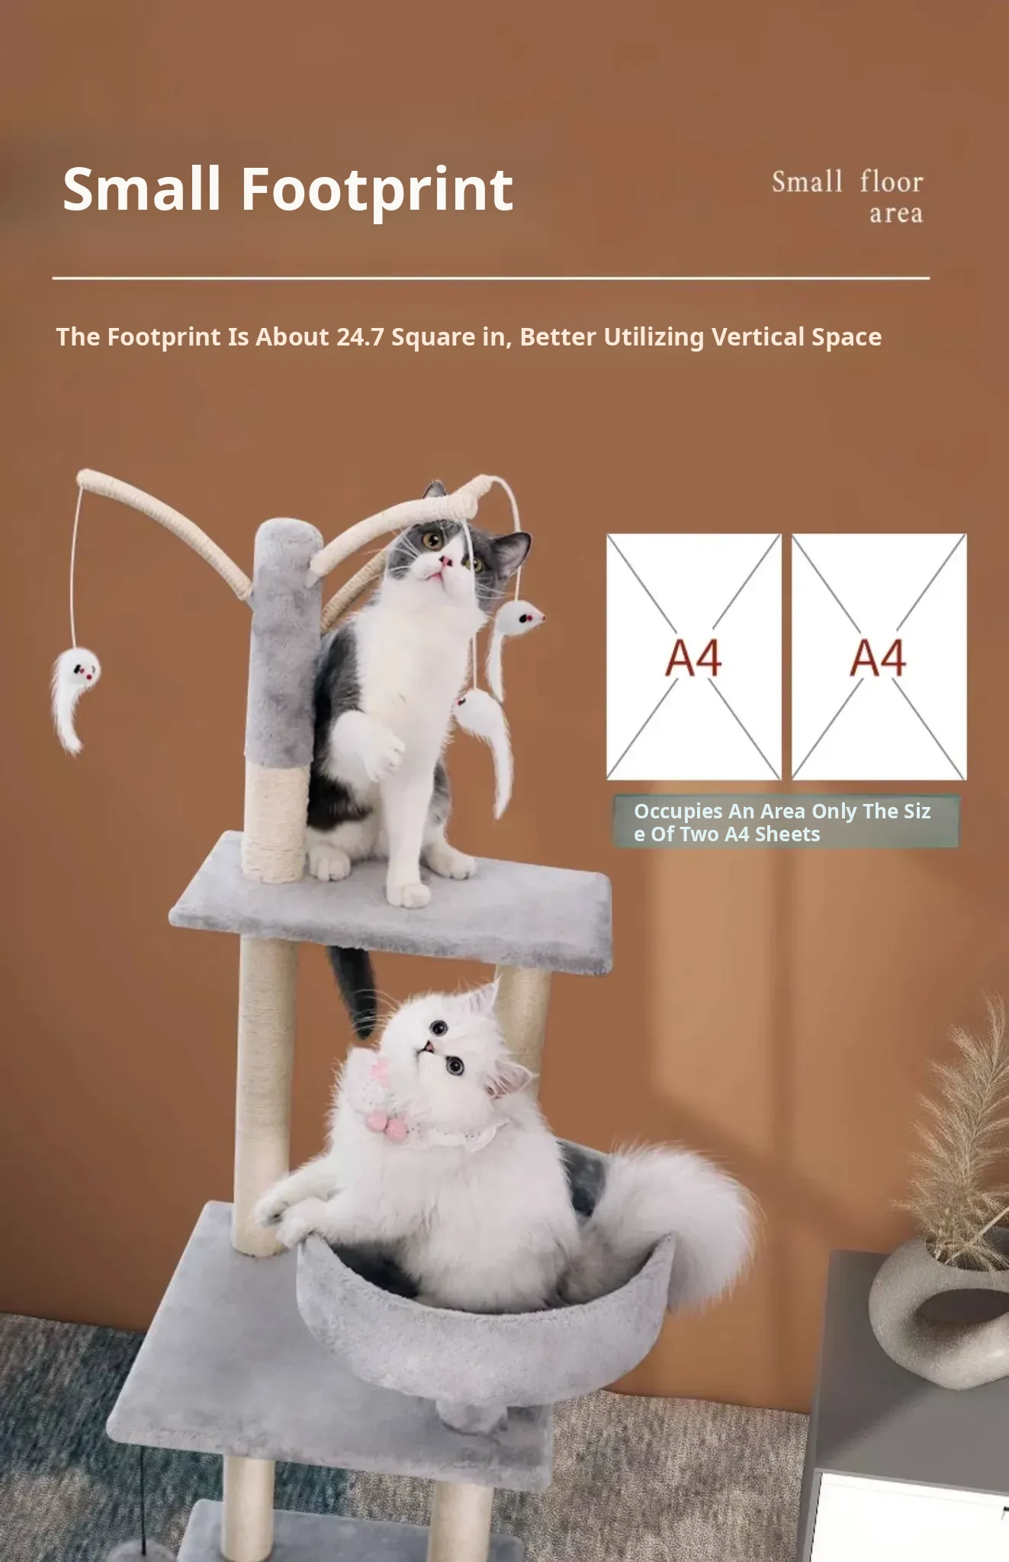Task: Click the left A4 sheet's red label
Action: pyautogui.click(x=693, y=657)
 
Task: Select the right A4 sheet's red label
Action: pyautogui.click(x=879, y=657)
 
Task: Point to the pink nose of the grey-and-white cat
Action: pyautogui.click(x=445, y=563)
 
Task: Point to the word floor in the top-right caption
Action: pyautogui.click(x=892, y=182)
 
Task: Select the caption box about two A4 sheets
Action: pyautogui.click(x=786, y=821)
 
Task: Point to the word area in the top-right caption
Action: pyautogui.click(x=896, y=214)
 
